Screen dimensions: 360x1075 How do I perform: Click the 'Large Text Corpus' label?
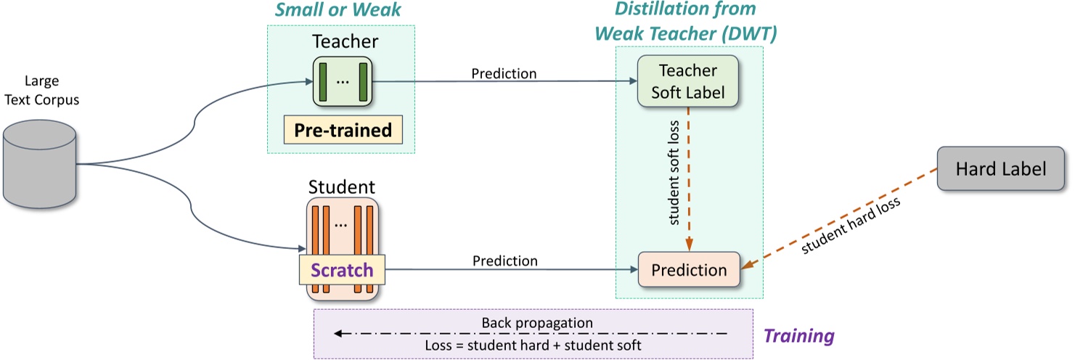click(41, 90)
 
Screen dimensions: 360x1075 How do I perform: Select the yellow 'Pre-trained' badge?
click(343, 131)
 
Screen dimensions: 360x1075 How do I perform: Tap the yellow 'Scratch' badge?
click(342, 271)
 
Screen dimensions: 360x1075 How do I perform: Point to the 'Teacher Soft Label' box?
click(687, 82)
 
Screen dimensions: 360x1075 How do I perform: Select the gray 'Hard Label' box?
click(1000, 169)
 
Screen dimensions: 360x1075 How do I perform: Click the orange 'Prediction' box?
click(688, 271)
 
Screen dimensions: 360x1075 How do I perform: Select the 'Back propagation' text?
click(537, 322)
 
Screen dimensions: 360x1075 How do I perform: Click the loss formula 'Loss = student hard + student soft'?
click(533, 345)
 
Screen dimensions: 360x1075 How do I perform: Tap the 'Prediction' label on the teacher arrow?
click(504, 73)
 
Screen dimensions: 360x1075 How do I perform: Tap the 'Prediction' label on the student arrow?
click(504, 261)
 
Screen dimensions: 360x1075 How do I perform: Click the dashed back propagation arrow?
click(530, 334)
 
